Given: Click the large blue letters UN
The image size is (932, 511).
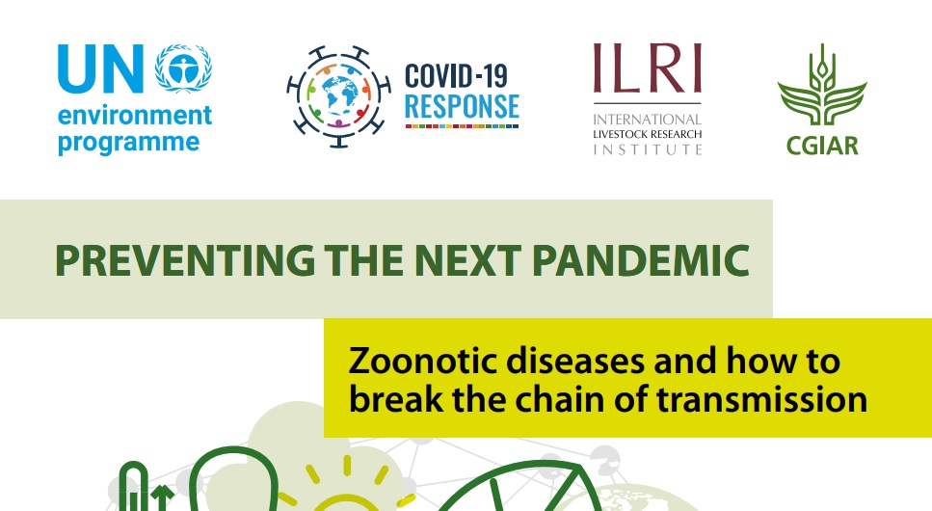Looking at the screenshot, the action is point(100,68).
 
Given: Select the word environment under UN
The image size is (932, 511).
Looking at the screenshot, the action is point(134,116).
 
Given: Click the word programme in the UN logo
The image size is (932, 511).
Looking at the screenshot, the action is point(128,144).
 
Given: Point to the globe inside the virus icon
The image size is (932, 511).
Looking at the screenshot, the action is point(339,96).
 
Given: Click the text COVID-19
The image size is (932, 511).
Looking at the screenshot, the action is point(456,76).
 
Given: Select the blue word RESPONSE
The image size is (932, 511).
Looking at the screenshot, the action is point(462,107).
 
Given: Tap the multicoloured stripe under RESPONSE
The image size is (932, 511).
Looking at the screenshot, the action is point(462,126).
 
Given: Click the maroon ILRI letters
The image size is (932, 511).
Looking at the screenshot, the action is point(648,67).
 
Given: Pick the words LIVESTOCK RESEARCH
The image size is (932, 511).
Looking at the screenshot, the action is point(648,134).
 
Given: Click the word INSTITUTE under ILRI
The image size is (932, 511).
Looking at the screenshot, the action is point(648,149).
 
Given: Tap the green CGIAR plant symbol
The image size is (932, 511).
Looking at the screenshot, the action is point(822,85).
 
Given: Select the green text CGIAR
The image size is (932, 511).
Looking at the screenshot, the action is point(822,146).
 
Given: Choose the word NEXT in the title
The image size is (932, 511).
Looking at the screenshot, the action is point(467,260).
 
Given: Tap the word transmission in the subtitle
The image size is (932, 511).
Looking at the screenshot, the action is point(761,399).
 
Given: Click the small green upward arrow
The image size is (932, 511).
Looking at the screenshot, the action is point(162,498).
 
